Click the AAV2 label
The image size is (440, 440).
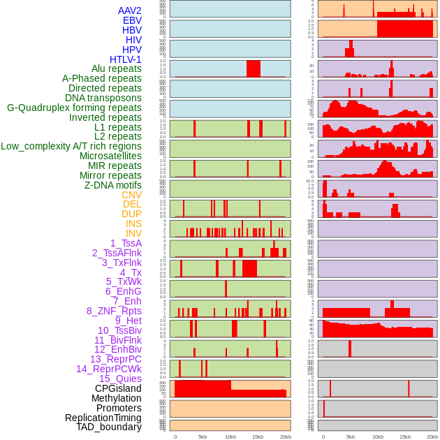[x=130, y=10]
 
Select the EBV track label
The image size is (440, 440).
[x=132, y=20]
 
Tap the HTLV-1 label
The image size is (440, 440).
[x=126, y=59]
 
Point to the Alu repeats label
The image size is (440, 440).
[x=117, y=68]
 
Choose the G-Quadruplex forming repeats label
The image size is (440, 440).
[x=74, y=108]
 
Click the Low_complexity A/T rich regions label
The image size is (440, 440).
[x=71, y=146]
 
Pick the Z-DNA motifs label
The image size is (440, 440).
[x=113, y=185]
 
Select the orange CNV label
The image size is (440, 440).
[x=131, y=195]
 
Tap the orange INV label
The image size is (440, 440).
[x=133, y=233]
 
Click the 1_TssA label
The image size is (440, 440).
[x=126, y=243]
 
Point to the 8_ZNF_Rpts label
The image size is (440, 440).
[x=114, y=311]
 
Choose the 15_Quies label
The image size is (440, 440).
[x=120, y=379]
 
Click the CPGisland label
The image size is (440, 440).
[x=118, y=388]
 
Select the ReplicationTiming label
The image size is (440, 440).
[x=103, y=418]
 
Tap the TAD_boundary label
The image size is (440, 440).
[x=109, y=427]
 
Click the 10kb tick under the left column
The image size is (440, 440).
[x=230, y=437]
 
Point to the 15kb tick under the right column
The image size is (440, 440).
[x=405, y=437]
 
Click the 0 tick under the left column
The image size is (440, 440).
[x=175, y=437]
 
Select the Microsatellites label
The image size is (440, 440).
[x=110, y=156]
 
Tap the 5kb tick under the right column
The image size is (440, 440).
[x=351, y=437]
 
